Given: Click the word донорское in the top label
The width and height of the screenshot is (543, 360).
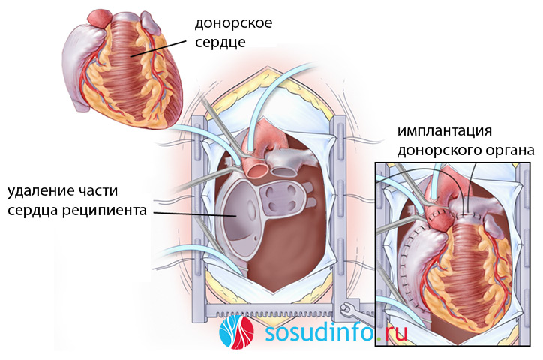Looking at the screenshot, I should pyautogui.click(x=234, y=22).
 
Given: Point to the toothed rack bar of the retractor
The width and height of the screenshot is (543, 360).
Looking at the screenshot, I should pyautogui.click(x=285, y=308).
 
